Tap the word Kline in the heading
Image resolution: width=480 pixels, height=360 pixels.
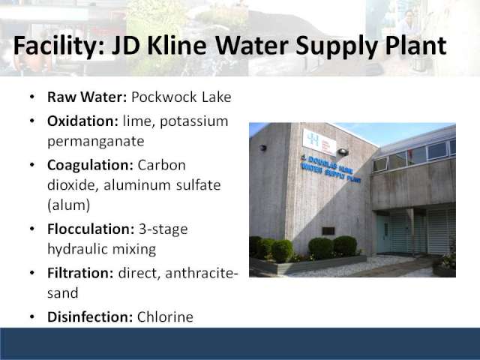(x=177, y=45)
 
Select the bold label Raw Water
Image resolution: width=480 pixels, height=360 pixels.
(x=87, y=97)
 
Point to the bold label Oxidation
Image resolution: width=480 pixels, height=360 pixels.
(x=82, y=121)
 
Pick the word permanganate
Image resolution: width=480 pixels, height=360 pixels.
(x=96, y=142)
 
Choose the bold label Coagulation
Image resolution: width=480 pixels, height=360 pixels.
(x=90, y=166)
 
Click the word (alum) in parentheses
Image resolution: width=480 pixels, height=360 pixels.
(x=69, y=205)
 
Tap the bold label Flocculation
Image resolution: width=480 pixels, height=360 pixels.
(x=91, y=229)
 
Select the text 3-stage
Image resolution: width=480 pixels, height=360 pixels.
(x=163, y=229)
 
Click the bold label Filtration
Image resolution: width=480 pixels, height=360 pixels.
(x=80, y=273)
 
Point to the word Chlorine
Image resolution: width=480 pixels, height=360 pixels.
(x=165, y=316)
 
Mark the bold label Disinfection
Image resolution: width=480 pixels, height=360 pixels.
(x=90, y=316)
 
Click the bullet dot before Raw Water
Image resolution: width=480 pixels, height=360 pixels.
(x=32, y=97)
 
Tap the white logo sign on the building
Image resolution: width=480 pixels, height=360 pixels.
(x=319, y=142)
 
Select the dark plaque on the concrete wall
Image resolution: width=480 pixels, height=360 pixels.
(x=328, y=231)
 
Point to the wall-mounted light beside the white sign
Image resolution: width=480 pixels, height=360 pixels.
(x=343, y=151)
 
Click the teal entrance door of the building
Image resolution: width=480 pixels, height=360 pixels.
(x=383, y=233)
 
